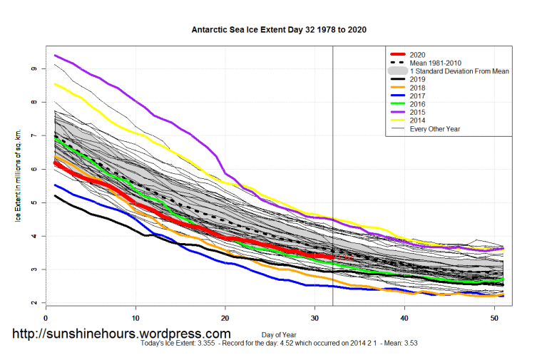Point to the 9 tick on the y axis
click(34, 68)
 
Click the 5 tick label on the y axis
click(34, 202)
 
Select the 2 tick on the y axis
click(34, 303)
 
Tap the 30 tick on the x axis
click(315, 318)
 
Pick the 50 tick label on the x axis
click(494, 318)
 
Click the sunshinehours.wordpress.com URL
click(121, 334)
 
